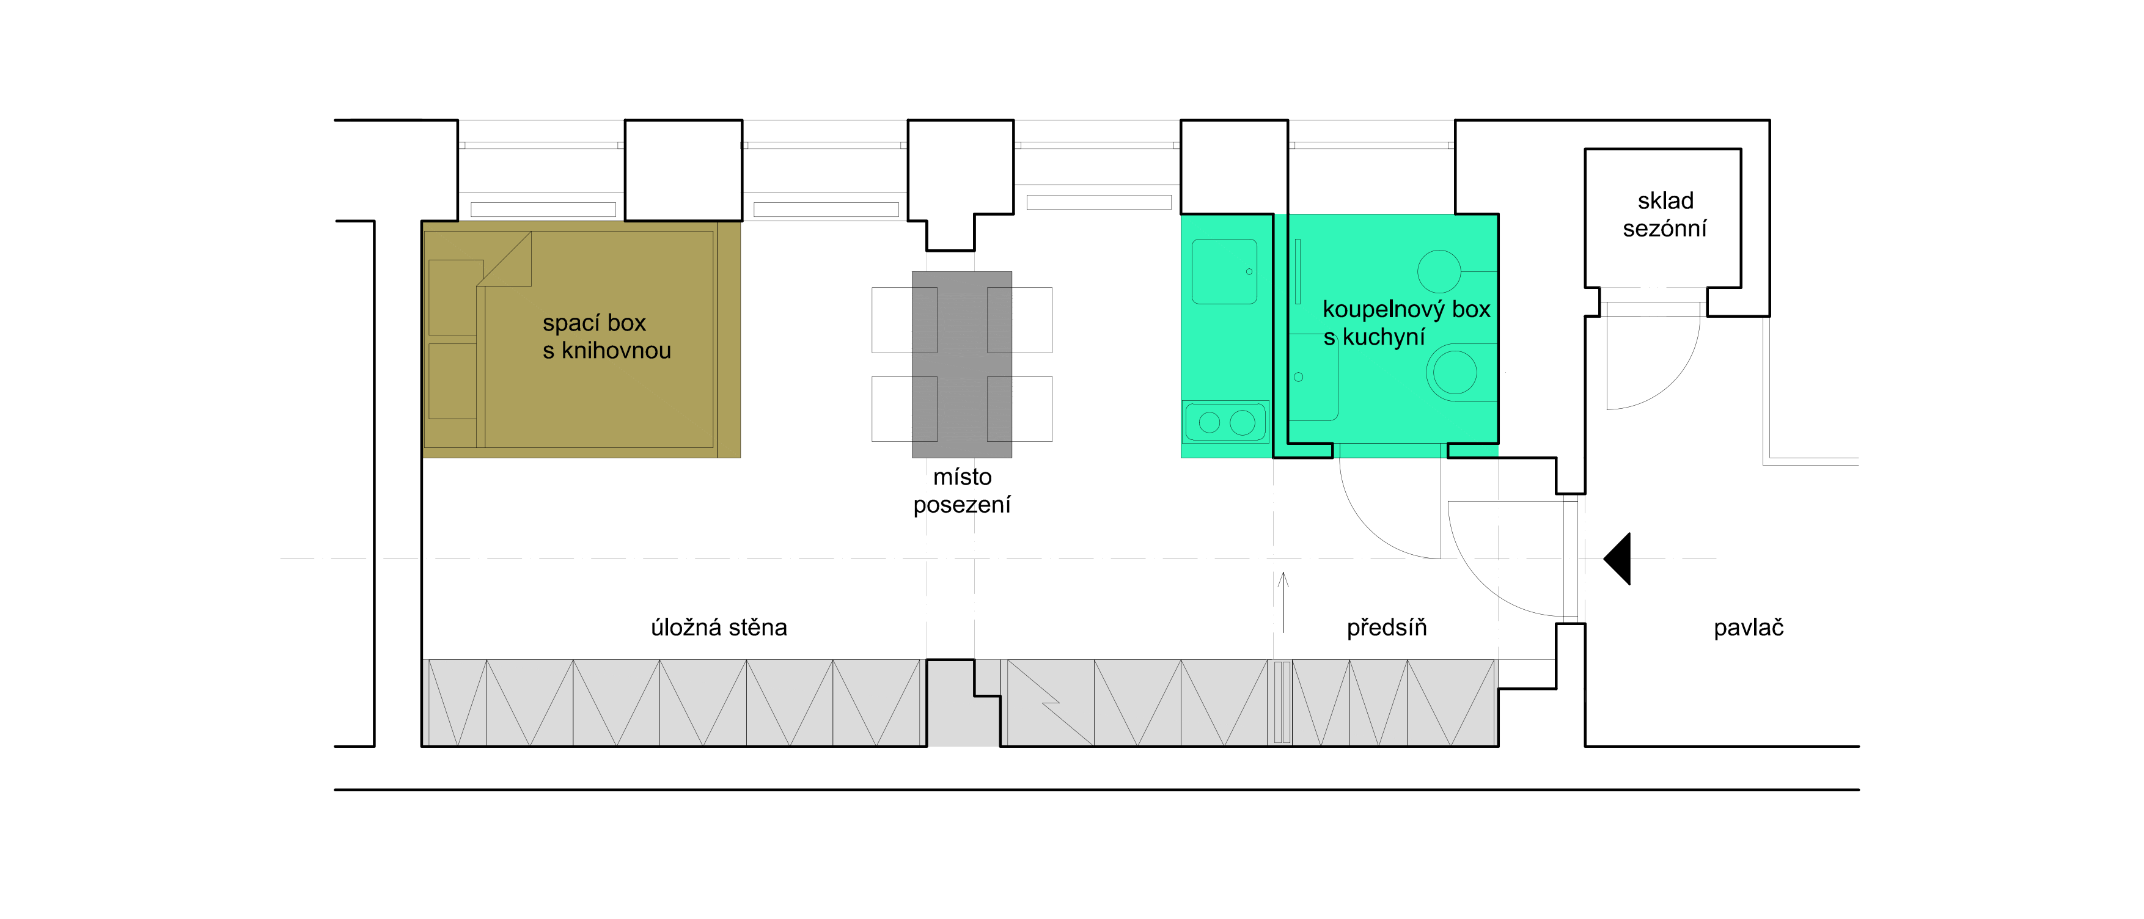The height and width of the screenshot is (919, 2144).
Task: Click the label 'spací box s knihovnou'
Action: [x=606, y=336]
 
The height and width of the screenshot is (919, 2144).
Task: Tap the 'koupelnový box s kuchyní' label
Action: [x=1405, y=323]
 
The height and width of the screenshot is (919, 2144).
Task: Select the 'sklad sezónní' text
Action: [x=1665, y=214]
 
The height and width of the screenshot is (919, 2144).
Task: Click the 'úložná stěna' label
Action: [x=718, y=627]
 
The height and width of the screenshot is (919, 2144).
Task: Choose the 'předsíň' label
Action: [x=1387, y=627]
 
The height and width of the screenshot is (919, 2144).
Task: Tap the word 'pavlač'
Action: [x=1748, y=628]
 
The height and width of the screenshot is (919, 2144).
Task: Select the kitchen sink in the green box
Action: [x=1224, y=271]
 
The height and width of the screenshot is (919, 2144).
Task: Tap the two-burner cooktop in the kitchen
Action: [x=1225, y=422]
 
